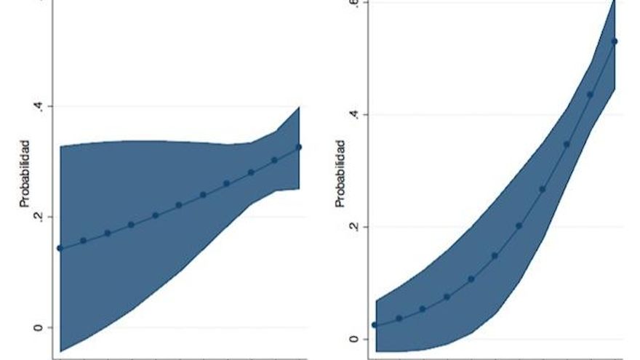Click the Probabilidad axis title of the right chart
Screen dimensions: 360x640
coord(341,173)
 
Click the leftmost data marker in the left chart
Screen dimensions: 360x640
coord(60,249)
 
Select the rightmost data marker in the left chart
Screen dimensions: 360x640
coord(299,147)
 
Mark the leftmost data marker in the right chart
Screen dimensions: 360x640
coord(375,325)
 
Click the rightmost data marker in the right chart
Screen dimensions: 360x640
coord(615,41)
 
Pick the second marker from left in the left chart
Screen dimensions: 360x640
coord(84,241)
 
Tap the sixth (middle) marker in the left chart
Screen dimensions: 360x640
coord(179,205)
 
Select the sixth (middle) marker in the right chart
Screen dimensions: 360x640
coord(495,256)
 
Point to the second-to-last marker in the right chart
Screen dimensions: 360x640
coord(590,95)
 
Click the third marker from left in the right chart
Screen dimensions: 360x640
coord(423,309)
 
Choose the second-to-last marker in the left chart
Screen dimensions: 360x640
coord(275,160)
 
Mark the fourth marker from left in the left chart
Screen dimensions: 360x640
coord(131,225)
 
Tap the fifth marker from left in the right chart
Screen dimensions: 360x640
coord(471,279)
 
